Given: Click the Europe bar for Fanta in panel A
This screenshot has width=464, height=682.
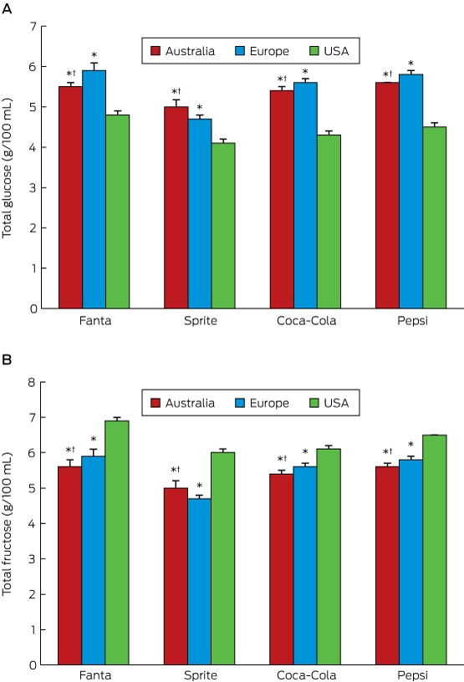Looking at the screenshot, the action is (x=94, y=189).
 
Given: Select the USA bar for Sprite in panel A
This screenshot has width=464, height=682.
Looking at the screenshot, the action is (x=223, y=226).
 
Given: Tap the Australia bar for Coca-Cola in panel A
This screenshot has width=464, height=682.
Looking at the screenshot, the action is (x=282, y=199).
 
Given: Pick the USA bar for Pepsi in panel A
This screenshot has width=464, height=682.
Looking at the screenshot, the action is (x=435, y=217).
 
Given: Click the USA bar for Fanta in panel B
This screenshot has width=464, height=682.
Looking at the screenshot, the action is (x=117, y=542).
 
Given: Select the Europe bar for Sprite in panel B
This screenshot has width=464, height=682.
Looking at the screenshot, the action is (x=199, y=582).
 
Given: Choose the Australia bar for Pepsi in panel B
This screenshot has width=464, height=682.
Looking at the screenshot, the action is (x=387, y=566).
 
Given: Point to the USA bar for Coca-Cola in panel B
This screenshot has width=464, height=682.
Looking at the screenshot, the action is (x=329, y=557).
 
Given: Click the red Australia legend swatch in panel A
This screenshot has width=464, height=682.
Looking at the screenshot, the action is (x=156, y=51).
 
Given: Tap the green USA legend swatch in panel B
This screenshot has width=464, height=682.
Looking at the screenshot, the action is (x=314, y=403).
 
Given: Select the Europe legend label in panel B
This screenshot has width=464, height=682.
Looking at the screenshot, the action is (x=269, y=403).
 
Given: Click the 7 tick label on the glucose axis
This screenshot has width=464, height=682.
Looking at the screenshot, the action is (x=33, y=27).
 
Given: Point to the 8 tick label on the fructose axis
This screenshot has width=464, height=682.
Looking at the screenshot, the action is (x=31, y=382).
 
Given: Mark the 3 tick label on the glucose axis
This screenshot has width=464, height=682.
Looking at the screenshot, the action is (x=33, y=188).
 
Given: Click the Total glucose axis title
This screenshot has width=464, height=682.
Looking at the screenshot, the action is (x=7, y=168).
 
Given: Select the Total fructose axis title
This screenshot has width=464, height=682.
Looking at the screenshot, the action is (x=7, y=524).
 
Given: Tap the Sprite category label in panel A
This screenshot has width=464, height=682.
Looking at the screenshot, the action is (x=200, y=321).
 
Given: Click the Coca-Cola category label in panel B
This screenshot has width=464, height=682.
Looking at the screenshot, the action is (x=307, y=675).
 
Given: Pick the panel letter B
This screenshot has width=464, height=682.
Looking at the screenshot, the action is (x=7, y=360).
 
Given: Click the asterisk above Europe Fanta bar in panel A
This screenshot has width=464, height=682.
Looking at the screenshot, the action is (x=94, y=55).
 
